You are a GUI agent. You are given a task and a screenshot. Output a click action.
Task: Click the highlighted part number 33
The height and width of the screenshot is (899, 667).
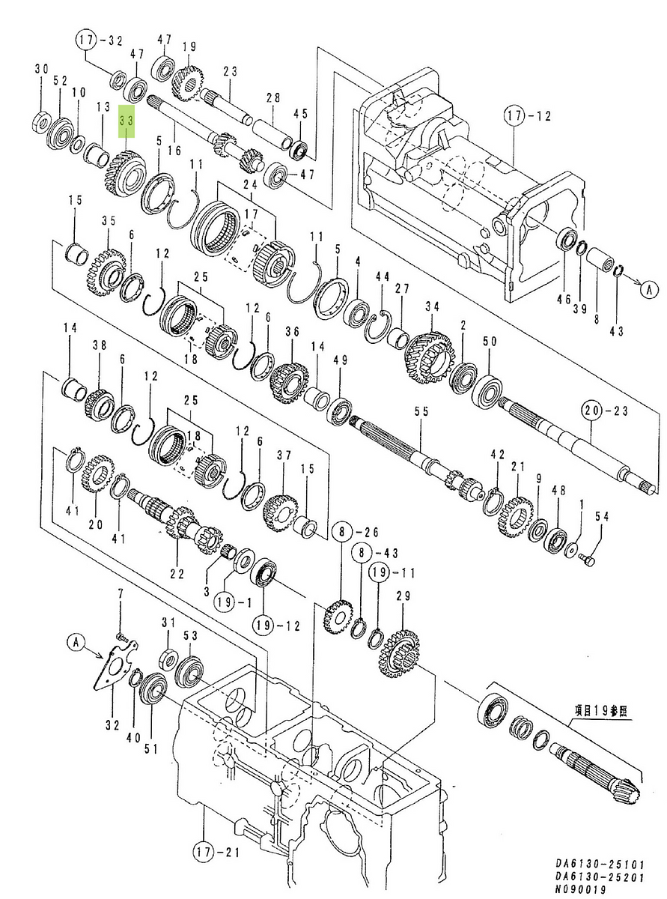(127, 119)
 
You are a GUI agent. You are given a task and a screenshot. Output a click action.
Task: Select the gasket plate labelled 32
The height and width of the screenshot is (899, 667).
(112, 669)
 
